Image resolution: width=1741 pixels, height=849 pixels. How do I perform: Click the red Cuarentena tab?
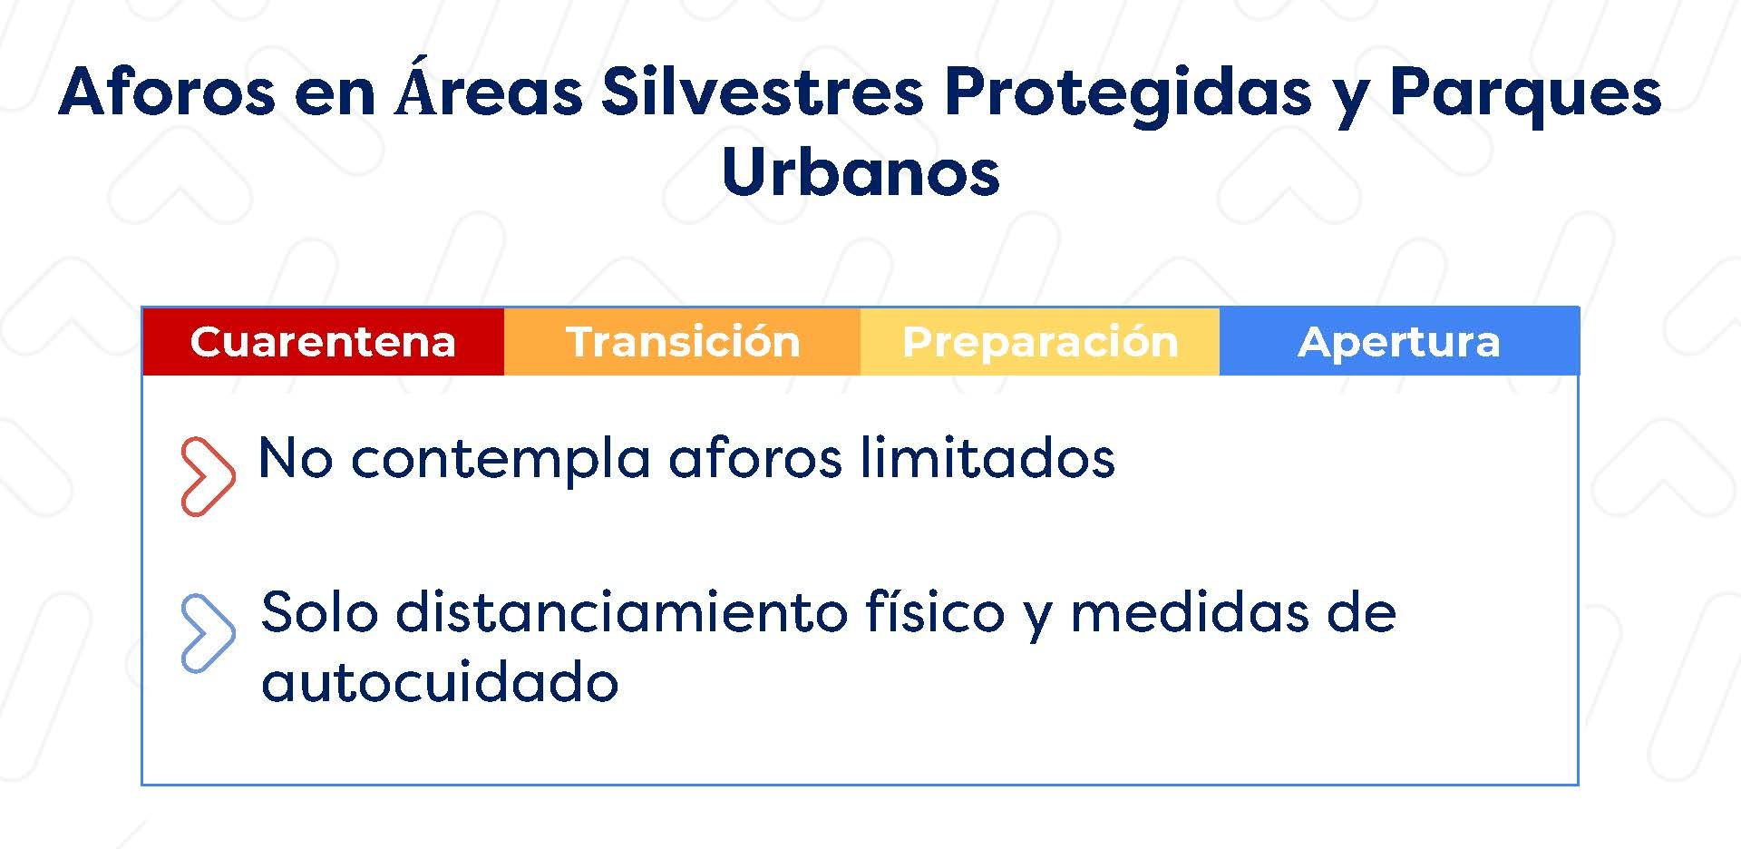(x=323, y=341)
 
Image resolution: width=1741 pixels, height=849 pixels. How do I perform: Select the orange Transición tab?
(x=682, y=341)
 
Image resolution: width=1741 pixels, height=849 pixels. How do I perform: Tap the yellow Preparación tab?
(x=1040, y=341)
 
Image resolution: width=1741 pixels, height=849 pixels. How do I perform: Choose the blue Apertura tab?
(x=1399, y=341)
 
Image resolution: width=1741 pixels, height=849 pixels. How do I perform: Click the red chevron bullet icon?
(x=209, y=476)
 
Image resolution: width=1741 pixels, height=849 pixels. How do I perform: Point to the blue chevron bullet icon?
(x=209, y=633)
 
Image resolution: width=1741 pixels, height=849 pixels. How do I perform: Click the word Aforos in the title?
(x=167, y=92)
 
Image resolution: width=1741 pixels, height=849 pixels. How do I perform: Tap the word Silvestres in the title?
(x=763, y=92)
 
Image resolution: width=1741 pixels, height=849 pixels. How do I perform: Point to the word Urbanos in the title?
(x=861, y=171)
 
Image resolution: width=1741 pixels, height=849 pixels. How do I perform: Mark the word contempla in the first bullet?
(x=501, y=460)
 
